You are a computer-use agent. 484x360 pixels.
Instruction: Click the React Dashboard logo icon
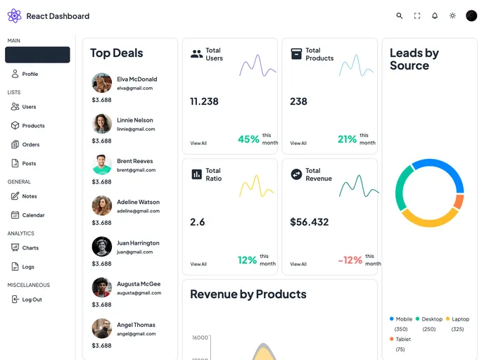pyautogui.click(x=14, y=15)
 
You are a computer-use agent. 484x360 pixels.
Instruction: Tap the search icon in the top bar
pyautogui.click(x=400, y=15)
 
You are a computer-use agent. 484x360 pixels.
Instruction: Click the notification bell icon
pyautogui.click(x=435, y=15)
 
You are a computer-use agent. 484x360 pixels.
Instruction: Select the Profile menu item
pyautogui.click(x=30, y=74)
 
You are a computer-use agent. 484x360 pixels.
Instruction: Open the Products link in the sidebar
pyautogui.click(x=32, y=126)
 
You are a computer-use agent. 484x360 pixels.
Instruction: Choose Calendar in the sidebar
pyautogui.click(x=32, y=215)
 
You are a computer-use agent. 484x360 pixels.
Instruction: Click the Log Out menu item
pyautogui.click(x=31, y=300)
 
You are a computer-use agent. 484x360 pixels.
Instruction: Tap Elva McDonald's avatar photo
pyautogui.click(x=102, y=83)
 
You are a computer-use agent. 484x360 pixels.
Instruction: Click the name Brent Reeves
pyautogui.click(x=134, y=161)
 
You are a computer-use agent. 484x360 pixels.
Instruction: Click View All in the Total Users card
pyautogui.click(x=198, y=143)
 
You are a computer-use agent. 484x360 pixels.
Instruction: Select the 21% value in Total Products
pyautogui.click(x=347, y=139)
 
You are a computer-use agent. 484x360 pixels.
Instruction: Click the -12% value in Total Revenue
pyautogui.click(x=350, y=260)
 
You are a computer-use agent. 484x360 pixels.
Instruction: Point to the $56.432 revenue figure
pyautogui.click(x=310, y=222)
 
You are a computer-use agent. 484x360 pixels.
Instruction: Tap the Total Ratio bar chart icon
pyautogui.click(x=197, y=174)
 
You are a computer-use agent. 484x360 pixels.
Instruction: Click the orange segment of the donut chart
pyautogui.click(x=459, y=202)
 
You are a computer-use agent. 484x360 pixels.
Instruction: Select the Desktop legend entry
pyautogui.click(x=432, y=319)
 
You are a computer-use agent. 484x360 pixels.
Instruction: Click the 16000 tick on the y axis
pyautogui.click(x=200, y=337)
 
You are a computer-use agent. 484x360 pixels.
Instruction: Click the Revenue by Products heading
pyautogui.click(x=248, y=295)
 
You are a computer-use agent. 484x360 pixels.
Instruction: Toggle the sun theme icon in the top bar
pyautogui.click(x=452, y=15)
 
